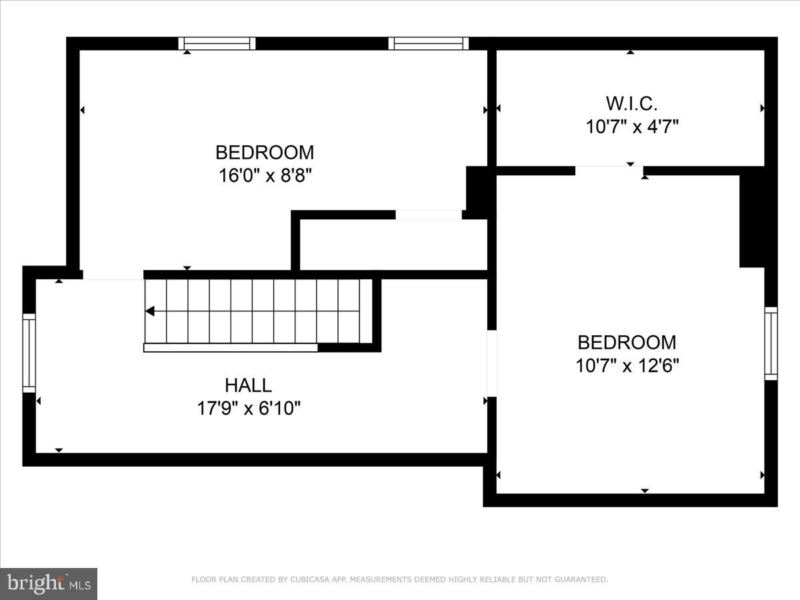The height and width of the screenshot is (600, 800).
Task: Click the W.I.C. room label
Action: click(631, 103)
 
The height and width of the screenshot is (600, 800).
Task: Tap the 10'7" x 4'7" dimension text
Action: click(631, 127)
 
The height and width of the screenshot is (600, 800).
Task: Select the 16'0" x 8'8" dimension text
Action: click(265, 176)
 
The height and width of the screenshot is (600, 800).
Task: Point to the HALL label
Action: click(248, 385)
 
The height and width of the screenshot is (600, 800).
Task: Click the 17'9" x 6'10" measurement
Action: click(248, 408)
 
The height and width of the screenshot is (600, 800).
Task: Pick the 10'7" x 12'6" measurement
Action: click(627, 366)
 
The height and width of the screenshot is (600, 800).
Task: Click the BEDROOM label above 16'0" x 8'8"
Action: click(265, 153)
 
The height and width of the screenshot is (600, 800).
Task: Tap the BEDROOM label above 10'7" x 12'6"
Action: click(627, 343)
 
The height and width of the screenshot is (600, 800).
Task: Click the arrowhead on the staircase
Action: click(150, 311)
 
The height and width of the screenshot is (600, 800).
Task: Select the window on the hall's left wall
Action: click(29, 353)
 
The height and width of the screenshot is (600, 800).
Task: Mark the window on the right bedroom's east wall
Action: click(771, 343)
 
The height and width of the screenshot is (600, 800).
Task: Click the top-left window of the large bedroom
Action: click(217, 43)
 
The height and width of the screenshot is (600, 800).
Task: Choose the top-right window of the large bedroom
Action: click(429, 43)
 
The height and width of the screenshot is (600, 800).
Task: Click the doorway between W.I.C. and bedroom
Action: click(609, 170)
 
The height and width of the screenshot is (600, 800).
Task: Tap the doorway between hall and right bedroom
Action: click(492, 363)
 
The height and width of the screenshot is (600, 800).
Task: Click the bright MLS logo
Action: click(49, 583)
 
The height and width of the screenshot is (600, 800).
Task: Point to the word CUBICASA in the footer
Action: click(309, 580)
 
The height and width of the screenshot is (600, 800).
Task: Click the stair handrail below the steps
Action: click(231, 347)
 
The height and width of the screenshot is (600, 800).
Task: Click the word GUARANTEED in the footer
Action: click(581, 580)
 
